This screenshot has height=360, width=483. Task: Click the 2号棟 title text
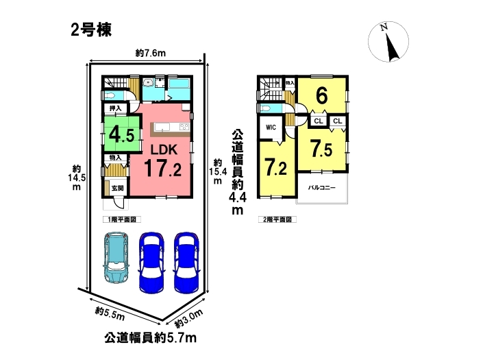tap(91, 30)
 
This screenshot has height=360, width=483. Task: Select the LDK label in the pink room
tap(164, 149)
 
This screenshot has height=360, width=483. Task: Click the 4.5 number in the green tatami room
tap(122, 134)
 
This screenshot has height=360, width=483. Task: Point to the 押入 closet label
tap(116, 108)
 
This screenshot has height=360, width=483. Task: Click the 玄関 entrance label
tap(117, 188)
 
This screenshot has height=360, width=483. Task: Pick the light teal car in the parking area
tap(116, 257)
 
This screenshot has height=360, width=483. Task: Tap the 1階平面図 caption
tap(122, 219)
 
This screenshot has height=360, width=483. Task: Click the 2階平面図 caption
tap(277, 219)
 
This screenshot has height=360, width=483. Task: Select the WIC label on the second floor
tap(271, 128)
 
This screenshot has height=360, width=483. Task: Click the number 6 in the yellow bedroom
tap(321, 96)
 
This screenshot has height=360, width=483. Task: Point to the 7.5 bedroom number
tap(321, 148)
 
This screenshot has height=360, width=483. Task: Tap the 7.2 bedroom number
tap(276, 167)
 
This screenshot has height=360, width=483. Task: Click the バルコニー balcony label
tap(322, 188)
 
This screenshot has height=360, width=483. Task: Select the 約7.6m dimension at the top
tap(150, 53)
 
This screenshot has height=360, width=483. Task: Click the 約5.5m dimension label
tap(110, 314)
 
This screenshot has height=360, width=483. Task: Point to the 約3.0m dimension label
tap(188, 318)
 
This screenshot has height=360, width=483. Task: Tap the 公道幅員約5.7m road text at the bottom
tap(150, 338)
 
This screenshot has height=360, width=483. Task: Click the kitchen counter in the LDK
tap(170, 130)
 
